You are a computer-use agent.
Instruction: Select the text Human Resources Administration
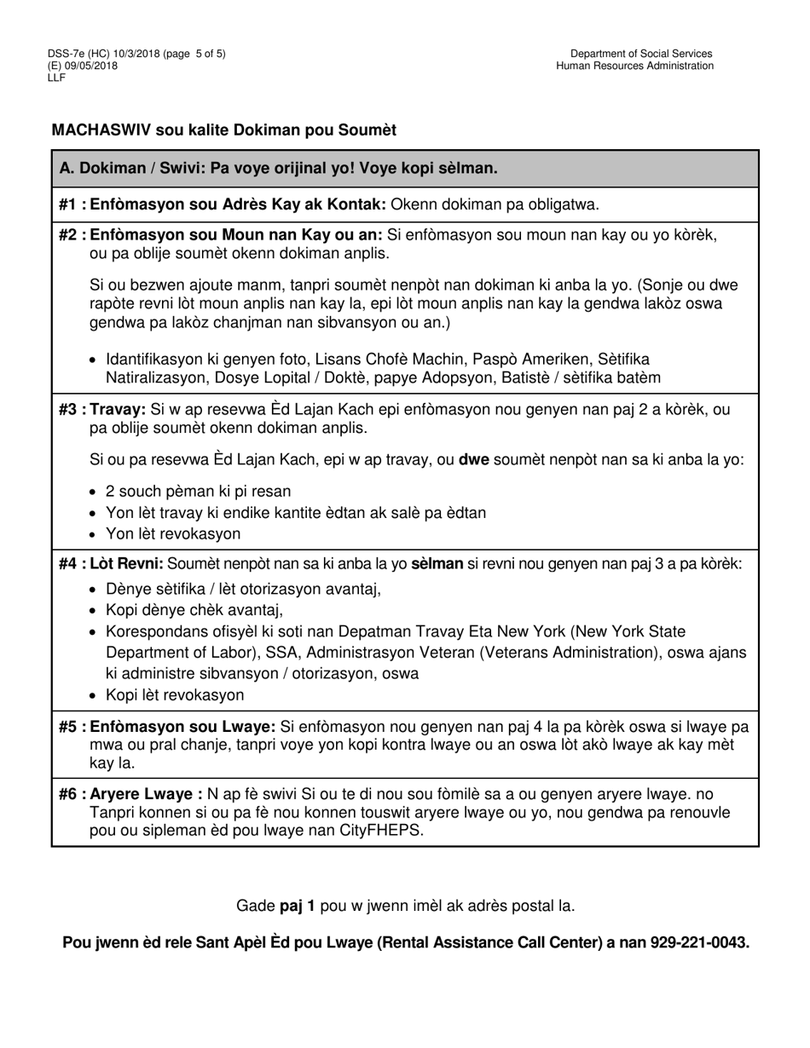click(x=635, y=66)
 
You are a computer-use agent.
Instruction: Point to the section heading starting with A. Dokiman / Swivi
click(x=279, y=168)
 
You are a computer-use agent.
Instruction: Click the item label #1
click(x=72, y=204)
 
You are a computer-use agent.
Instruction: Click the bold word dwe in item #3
click(x=473, y=460)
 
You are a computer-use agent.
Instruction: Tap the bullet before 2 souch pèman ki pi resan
click(x=93, y=492)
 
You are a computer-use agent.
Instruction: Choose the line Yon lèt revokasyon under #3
click(x=173, y=534)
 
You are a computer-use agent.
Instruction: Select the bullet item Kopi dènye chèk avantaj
click(x=194, y=610)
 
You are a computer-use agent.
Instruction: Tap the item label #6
click(x=72, y=794)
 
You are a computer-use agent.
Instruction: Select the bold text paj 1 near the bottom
click(x=298, y=906)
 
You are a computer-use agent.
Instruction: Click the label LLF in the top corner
click(x=57, y=77)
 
